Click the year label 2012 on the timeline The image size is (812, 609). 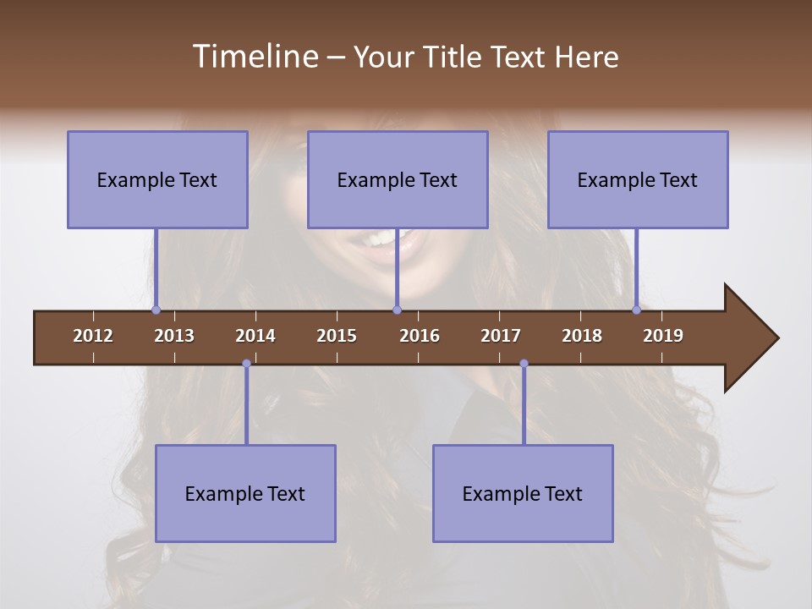93,336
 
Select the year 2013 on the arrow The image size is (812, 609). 174,336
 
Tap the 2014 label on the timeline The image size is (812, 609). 255,336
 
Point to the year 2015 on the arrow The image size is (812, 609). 337,336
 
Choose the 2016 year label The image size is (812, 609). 420,336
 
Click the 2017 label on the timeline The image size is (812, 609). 501,336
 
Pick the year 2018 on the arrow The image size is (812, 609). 582,336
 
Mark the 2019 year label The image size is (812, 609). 663,336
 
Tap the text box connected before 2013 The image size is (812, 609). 157,179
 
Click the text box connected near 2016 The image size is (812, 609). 398,179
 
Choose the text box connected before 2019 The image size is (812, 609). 638,179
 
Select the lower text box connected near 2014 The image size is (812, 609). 245,493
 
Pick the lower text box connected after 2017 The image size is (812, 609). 523,493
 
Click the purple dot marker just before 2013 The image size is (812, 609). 156,310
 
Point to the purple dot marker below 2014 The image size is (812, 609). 246,364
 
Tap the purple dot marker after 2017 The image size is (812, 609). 524,364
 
